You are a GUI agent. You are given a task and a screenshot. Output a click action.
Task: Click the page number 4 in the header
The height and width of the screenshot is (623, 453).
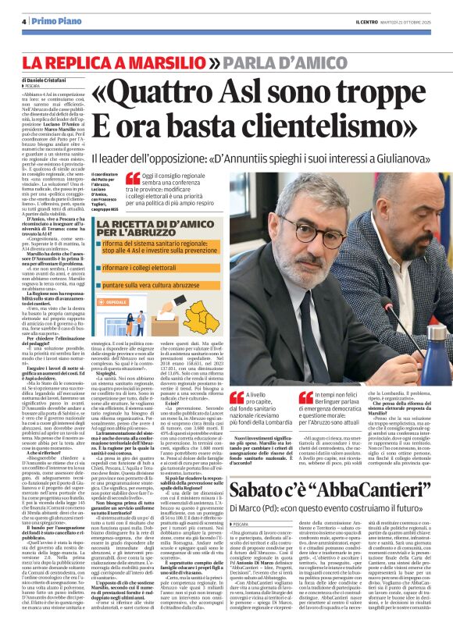[24, 20]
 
